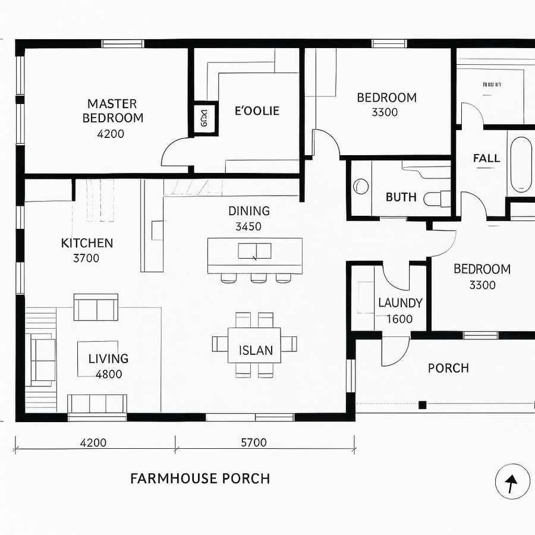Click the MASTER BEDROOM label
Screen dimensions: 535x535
coord(112,111)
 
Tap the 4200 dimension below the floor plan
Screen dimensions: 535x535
coord(93,442)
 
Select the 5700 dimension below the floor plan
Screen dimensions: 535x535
coord(253,442)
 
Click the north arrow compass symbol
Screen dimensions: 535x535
coord(512,481)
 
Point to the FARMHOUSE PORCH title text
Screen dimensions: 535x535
coord(200,479)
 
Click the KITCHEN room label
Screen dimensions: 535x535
coord(87,243)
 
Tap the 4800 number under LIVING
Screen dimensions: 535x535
coord(109,374)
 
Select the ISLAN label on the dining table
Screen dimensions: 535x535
coord(256,350)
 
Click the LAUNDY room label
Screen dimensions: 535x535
coord(400,303)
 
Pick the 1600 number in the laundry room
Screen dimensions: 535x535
coord(399,319)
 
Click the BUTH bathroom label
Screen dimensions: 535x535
coord(401,197)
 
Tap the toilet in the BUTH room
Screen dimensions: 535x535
coord(437,198)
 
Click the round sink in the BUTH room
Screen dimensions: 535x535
coord(360,187)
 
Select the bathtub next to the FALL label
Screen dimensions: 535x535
coord(521,165)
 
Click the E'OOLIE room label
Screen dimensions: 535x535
coord(257,111)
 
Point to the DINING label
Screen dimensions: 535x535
coord(248,211)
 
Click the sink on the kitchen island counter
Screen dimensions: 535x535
coord(254,251)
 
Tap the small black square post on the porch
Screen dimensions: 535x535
coord(423,405)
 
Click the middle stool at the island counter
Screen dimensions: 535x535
coord(259,278)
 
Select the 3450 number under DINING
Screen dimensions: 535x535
coord(248,226)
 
